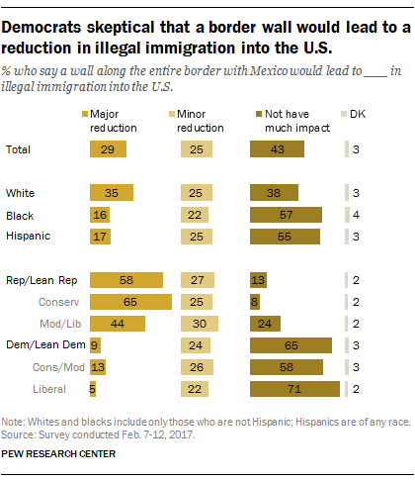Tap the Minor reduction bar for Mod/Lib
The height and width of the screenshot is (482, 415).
pos(201,324)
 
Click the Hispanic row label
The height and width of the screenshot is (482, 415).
pos(29,236)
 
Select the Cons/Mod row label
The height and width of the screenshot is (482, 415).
pos(48,367)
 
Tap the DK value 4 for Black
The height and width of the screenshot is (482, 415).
pos(357,214)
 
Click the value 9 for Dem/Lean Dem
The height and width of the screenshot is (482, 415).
pos(94,345)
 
